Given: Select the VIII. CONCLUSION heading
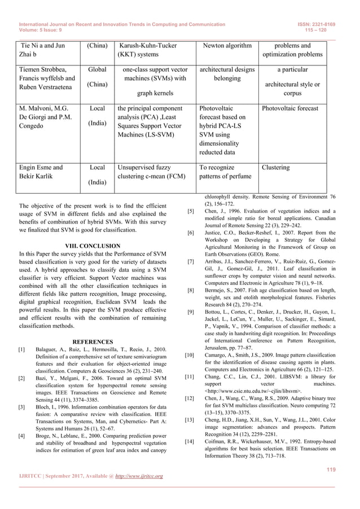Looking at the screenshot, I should (x=93, y=246).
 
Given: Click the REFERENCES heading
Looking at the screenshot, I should (x=93, y=341).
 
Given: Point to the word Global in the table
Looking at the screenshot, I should (x=97, y=69).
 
